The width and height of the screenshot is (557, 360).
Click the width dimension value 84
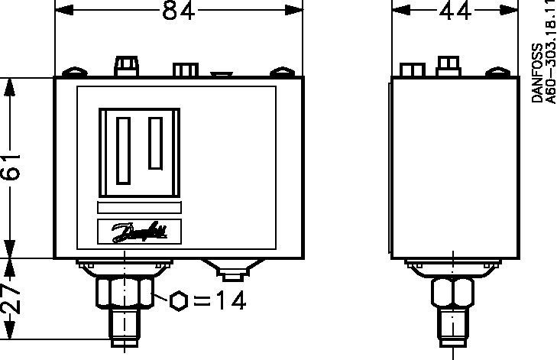tap(178, 11)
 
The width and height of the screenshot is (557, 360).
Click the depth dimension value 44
tap(455, 11)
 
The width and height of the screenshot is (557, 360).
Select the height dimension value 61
tap(10, 167)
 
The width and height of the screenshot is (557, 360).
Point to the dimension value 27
tap(10, 297)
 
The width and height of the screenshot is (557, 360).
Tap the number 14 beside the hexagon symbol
tap(231, 300)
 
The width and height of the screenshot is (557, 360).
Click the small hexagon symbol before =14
tap(178, 301)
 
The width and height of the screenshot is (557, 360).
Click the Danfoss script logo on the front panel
tap(140, 232)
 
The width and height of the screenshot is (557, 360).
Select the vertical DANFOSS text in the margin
tap(537, 73)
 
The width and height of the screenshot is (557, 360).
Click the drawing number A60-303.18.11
tap(551, 54)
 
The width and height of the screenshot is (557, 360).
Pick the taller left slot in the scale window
tap(123, 151)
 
